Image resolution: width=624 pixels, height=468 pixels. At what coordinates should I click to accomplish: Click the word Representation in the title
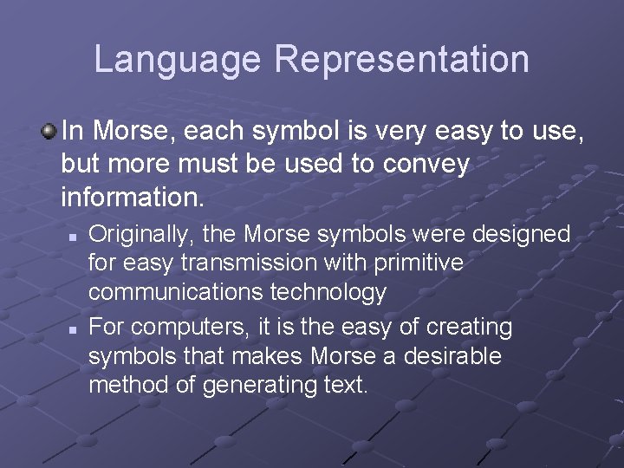click(x=401, y=60)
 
